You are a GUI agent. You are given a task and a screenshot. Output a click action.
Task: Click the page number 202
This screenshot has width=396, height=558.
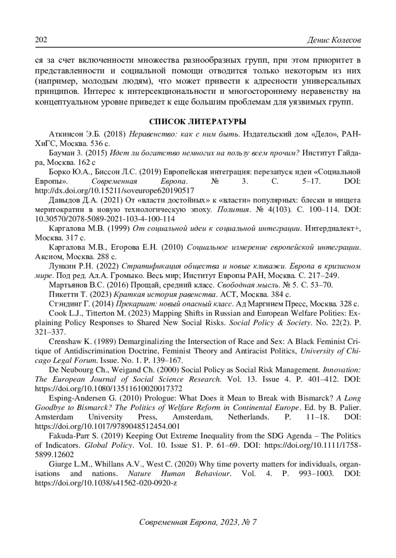click(x=41, y=40)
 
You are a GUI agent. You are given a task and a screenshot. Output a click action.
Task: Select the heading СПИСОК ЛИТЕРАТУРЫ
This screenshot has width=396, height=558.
click(x=198, y=122)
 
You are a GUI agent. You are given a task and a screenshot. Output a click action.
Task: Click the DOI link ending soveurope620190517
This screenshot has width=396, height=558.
click(x=115, y=190)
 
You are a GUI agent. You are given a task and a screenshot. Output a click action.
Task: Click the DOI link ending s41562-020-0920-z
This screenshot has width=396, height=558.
click(x=106, y=483)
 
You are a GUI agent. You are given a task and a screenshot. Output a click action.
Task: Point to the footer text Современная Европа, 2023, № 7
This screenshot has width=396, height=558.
click(x=198, y=522)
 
